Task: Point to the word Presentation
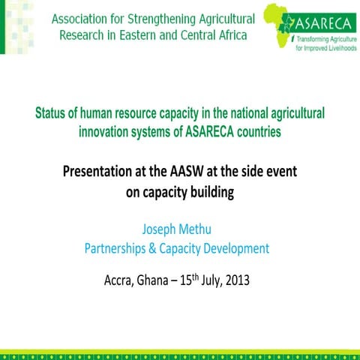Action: pyautogui.click(x=100, y=172)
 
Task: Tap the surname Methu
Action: pyautogui.click(x=201, y=229)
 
